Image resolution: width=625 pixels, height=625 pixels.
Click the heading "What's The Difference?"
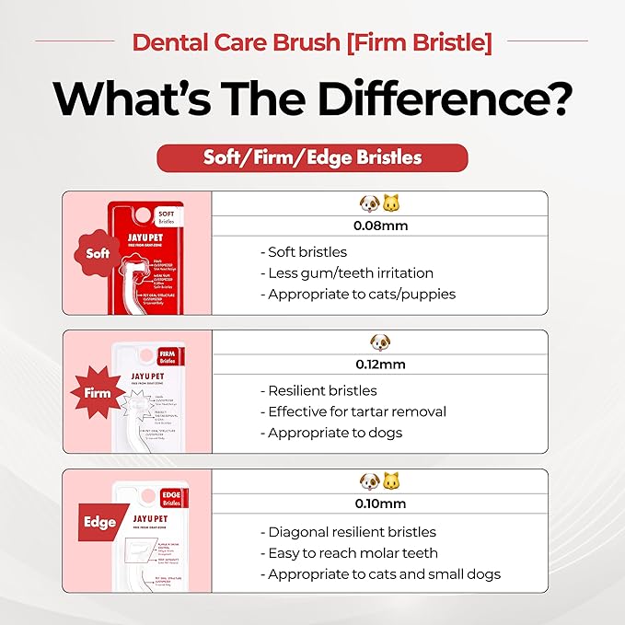pos(312,99)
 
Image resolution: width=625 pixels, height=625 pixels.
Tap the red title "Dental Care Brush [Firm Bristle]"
pos(312,41)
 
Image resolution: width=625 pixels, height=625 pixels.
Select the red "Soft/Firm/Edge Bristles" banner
pos(312,156)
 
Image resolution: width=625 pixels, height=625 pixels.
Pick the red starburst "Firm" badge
pos(98,392)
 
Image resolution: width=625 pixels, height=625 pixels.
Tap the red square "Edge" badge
pos(98,522)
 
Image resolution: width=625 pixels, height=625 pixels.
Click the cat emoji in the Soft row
pos(392,203)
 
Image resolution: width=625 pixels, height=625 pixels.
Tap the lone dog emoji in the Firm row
pos(379,342)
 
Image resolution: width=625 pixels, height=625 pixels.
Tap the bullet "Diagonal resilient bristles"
pos(352,532)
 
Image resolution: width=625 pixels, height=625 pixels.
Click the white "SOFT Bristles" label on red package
pos(167,216)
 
